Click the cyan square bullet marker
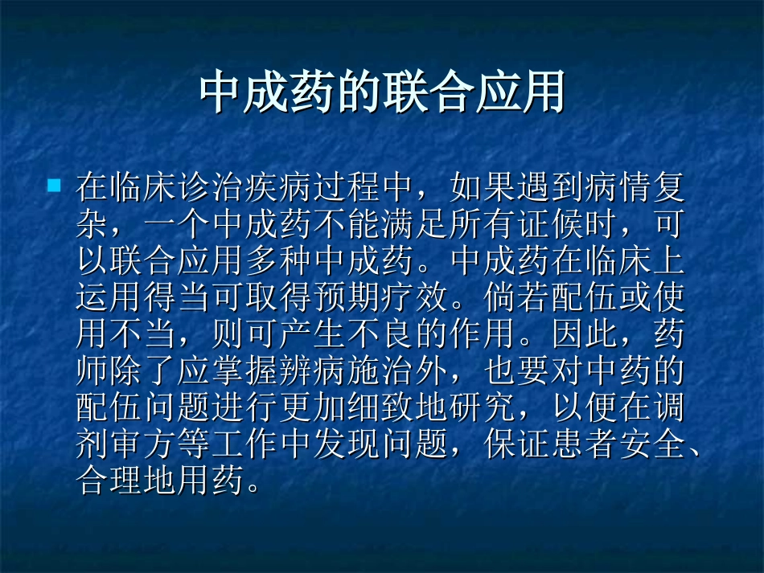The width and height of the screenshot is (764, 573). [54, 186]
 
